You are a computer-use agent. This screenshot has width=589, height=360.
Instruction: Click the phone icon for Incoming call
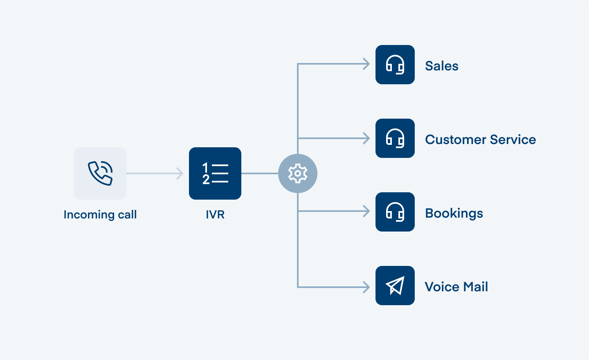(100, 173)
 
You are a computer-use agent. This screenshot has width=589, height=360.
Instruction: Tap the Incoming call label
(100, 214)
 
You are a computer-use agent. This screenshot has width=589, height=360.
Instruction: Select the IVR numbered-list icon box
(215, 173)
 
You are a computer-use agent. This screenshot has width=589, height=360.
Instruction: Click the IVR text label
(215, 214)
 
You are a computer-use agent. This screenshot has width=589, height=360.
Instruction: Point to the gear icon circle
(298, 173)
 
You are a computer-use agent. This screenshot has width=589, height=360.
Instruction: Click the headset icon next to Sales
(395, 65)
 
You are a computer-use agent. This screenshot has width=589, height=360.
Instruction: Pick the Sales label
(442, 66)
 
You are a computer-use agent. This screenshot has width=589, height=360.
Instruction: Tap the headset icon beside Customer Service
(395, 138)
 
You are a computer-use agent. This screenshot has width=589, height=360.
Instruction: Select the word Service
(513, 139)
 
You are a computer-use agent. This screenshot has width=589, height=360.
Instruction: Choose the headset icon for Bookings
(395, 212)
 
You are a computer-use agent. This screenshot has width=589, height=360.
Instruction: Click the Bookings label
(454, 213)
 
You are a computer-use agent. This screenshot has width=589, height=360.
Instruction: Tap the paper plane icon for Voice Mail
(395, 286)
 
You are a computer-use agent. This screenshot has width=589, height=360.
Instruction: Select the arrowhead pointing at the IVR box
(180, 173)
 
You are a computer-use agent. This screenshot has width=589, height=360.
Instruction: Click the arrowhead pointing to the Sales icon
(366, 64)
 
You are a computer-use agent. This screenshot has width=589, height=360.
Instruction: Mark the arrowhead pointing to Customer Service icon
(366, 138)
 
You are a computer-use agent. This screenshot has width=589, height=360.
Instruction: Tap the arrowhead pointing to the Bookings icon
(366, 211)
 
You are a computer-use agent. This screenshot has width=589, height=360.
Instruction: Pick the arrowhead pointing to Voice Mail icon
(366, 287)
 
